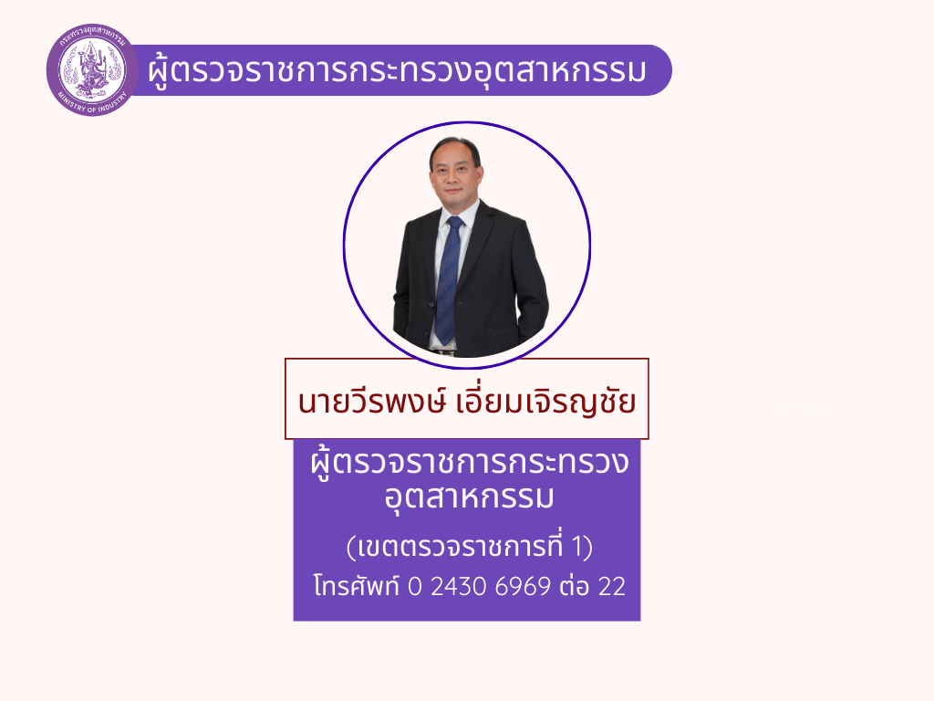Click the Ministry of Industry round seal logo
click(91, 69)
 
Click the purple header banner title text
click(397, 70)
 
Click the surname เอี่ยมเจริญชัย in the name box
click(545, 401)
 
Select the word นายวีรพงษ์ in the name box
click(372, 401)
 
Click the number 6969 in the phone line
click(523, 587)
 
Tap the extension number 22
click(612, 587)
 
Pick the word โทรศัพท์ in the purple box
click(357, 585)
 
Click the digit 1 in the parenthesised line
click(576, 547)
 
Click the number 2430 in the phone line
click(459, 587)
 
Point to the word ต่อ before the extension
click(575, 585)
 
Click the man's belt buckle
click(447, 353)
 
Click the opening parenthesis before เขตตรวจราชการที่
click(351, 548)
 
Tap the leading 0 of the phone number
click(415, 587)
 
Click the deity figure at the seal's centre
click(91, 68)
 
